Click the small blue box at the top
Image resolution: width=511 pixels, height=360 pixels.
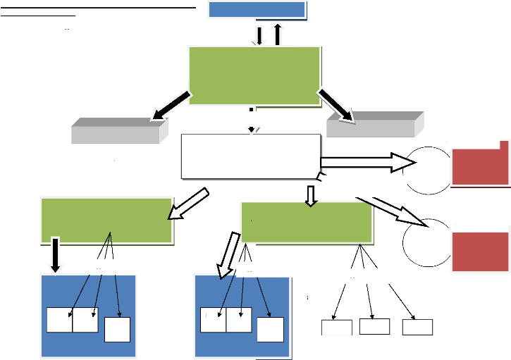coord(257,9)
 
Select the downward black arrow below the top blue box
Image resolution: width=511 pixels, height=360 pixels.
coord(259,35)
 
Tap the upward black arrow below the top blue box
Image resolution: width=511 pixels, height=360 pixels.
coord(277,33)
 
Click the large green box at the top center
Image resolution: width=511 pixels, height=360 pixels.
coord(254,76)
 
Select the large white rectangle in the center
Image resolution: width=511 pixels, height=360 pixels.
coord(250,156)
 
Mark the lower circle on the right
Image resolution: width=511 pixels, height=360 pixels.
coord(427,242)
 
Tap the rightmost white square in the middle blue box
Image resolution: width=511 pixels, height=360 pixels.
coord(270,330)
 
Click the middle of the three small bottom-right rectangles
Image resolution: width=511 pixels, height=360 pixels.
coord(374,326)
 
